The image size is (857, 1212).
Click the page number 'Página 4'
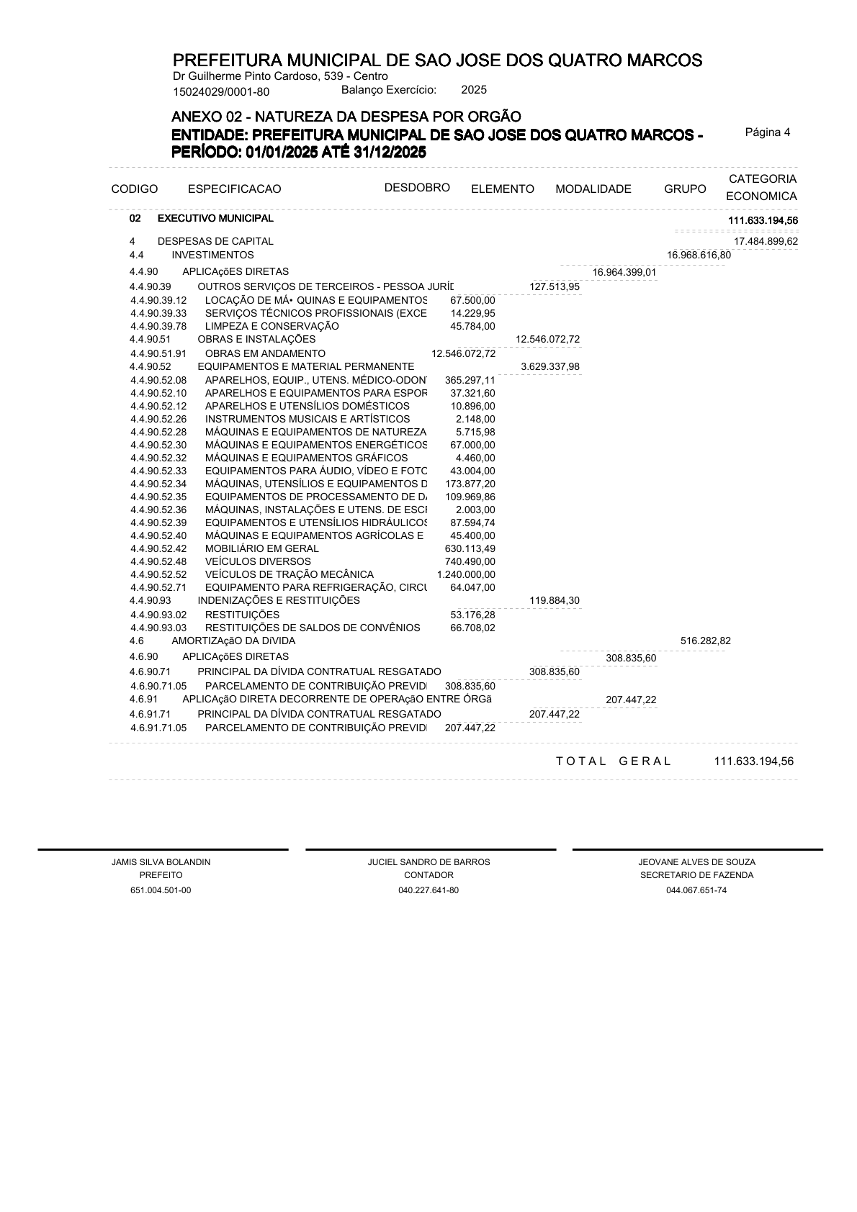pyautogui.click(x=767, y=132)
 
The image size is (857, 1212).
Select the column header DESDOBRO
pyautogui.click(x=417, y=188)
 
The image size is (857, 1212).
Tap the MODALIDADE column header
pyautogui.click(x=593, y=189)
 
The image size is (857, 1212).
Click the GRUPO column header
pyautogui.click(x=685, y=189)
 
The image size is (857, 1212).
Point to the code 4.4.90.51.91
pyautogui.click(x=158, y=353)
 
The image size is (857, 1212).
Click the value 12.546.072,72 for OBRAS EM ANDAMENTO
pyautogui.click(x=463, y=353)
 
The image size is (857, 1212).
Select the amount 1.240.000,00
pyautogui.click(x=466, y=574)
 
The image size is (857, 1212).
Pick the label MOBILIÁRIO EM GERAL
pyautogui.click(x=261, y=548)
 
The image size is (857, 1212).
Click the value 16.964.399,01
pyautogui.click(x=624, y=272)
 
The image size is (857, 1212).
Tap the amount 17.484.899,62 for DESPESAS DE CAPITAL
pyautogui.click(x=766, y=242)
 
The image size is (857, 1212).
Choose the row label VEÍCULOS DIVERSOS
pyautogui.click(x=258, y=561)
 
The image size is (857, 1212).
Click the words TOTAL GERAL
pyautogui.click(x=613, y=761)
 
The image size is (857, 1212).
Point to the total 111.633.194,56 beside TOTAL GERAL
pyautogui.click(x=753, y=761)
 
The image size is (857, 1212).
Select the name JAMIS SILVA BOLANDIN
pyautogui.click(x=161, y=862)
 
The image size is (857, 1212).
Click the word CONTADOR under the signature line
pyautogui.click(x=428, y=875)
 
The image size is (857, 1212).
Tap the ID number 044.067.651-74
pyautogui.click(x=696, y=890)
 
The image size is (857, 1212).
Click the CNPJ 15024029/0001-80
pyautogui.click(x=221, y=91)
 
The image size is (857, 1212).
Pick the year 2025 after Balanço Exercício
pyautogui.click(x=474, y=90)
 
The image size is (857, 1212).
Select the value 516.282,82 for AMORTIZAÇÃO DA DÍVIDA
pyautogui.click(x=705, y=641)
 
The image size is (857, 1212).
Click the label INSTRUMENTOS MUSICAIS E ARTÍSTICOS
pyautogui.click(x=308, y=419)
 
